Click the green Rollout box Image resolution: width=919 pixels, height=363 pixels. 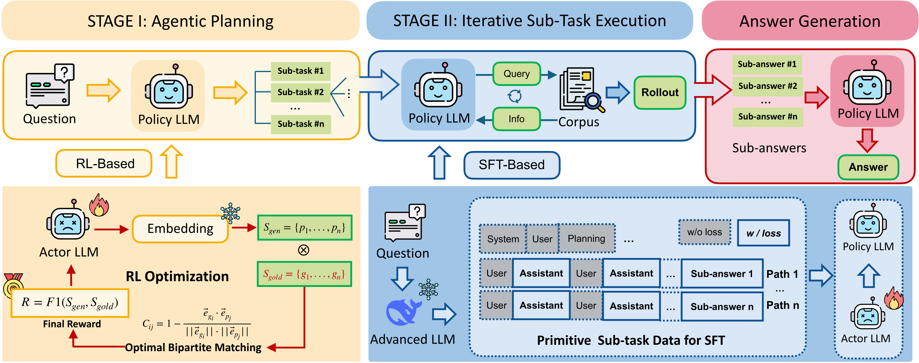pyautogui.click(x=660, y=92)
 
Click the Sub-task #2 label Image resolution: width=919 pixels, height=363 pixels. pyautogui.click(x=300, y=92)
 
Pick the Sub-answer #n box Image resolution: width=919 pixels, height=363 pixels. pyautogui.click(x=767, y=117)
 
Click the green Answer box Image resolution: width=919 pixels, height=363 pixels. pyautogui.click(x=868, y=167)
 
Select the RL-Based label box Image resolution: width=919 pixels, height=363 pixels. pyautogui.click(x=104, y=164)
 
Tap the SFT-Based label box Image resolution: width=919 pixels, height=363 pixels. pyautogui.click(x=511, y=165)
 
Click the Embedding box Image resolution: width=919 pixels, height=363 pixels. pyautogui.click(x=180, y=229)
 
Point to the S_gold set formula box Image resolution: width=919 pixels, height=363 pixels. pyautogui.click(x=304, y=274)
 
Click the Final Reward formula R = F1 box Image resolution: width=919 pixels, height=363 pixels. pyautogui.click(x=70, y=303)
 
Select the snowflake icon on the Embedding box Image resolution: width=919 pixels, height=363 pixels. pyautogui.click(x=230, y=213)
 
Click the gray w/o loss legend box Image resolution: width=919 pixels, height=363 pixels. pyautogui.click(x=704, y=232)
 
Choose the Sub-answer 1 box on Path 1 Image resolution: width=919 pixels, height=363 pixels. pyautogui.click(x=721, y=274)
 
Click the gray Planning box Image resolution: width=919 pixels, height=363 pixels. pyautogui.click(x=586, y=239)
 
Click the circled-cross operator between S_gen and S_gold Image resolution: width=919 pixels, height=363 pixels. pyautogui.click(x=304, y=250)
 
